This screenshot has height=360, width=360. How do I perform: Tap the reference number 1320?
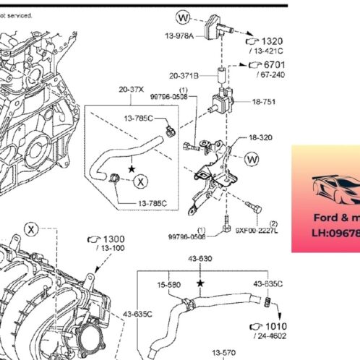click(x=273, y=41)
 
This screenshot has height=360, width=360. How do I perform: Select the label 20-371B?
click(x=184, y=74)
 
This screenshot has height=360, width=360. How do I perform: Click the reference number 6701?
click(x=273, y=64)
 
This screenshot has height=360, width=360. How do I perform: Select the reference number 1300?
click(x=113, y=239)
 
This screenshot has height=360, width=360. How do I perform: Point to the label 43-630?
click(x=201, y=259)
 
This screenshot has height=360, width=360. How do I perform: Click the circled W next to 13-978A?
click(x=183, y=16)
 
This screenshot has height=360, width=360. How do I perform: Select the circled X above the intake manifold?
click(x=31, y=229)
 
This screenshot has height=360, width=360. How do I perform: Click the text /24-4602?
click(x=269, y=336)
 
